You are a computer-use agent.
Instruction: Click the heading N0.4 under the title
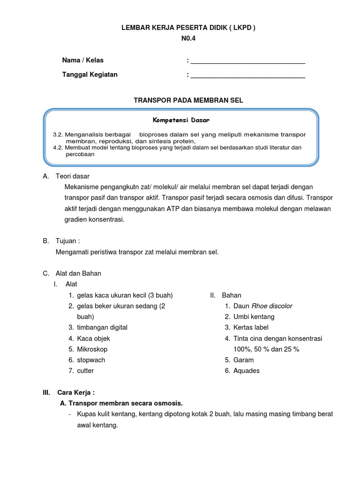[x=188, y=39]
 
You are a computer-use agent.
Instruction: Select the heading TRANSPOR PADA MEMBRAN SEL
[x=188, y=100]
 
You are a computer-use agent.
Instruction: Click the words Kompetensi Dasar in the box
[x=180, y=120]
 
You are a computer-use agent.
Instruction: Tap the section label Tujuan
[x=67, y=241]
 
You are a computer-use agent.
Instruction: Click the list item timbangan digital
[x=102, y=328]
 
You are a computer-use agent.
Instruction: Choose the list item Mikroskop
[x=92, y=349]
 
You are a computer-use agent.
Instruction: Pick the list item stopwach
[x=91, y=360]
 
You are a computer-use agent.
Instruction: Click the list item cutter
[x=85, y=371]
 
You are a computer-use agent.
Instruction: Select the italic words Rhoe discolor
[x=272, y=306]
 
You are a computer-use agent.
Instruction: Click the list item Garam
[x=243, y=360]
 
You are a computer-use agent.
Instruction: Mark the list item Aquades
[x=246, y=371]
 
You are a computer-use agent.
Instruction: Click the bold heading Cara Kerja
[x=76, y=392]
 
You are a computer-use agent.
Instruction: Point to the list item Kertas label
[x=251, y=328]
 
